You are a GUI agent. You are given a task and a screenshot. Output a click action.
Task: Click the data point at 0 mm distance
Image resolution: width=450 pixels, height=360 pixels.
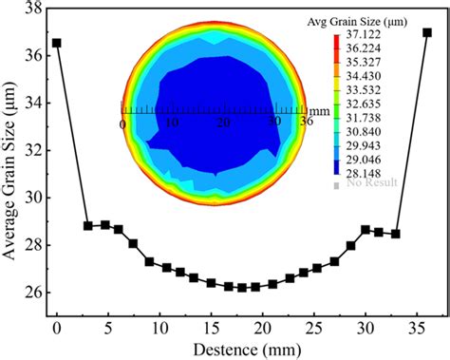[x=57, y=43]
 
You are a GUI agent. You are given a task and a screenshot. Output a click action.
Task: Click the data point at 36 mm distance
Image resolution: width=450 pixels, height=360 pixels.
[x=427, y=32]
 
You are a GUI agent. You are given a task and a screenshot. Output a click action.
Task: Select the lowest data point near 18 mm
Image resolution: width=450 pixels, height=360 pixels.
[x=242, y=287]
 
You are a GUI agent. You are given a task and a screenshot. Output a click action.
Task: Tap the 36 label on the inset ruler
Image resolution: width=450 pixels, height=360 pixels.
[x=306, y=123]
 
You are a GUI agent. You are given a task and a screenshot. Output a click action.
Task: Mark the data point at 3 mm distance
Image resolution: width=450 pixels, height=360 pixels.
[x=88, y=226]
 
